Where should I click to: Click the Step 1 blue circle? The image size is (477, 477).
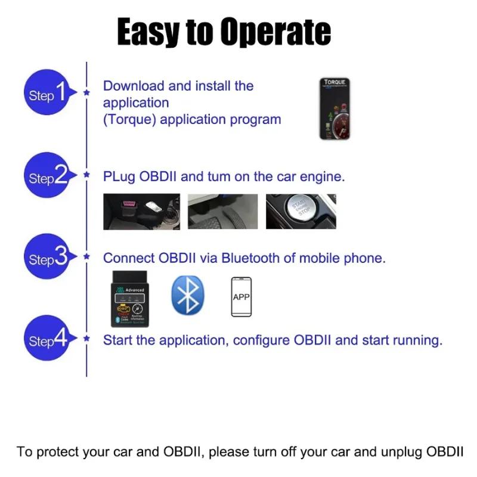click(x=47, y=94)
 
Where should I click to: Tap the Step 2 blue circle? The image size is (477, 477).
click(x=47, y=176)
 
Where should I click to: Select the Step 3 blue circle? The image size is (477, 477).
click(x=47, y=258)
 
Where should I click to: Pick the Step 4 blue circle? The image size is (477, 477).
click(x=47, y=340)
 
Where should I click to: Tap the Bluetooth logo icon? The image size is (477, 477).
click(x=188, y=295)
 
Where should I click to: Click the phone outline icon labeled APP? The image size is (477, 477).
click(x=241, y=296)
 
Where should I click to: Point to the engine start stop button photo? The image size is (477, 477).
click(x=301, y=212)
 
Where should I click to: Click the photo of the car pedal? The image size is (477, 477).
click(x=223, y=212)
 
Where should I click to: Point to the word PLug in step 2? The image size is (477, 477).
click(x=119, y=176)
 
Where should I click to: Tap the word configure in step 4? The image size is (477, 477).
click(x=261, y=340)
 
